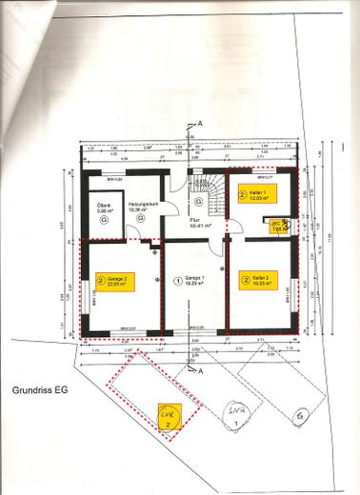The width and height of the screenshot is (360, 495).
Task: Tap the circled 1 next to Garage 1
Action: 177,281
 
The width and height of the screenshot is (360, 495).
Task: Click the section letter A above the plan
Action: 200,125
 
